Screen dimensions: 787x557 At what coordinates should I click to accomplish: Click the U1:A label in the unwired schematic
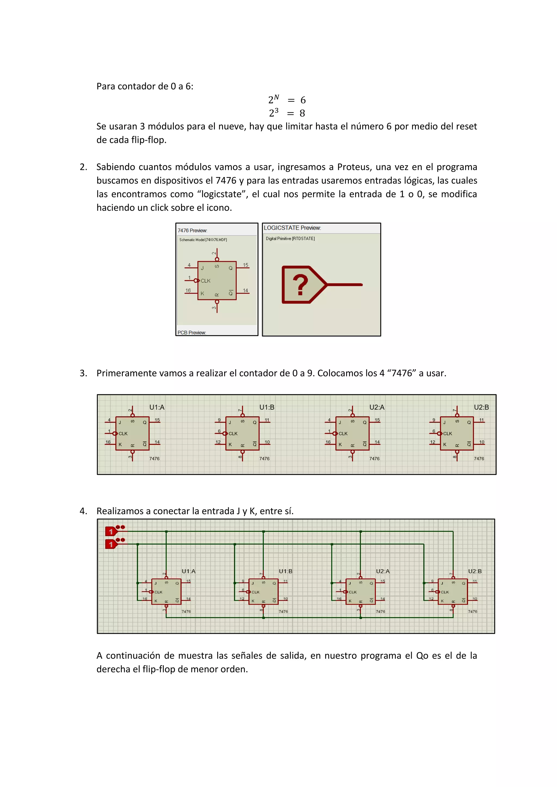[x=157, y=407]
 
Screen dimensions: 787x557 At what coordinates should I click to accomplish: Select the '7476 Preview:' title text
[x=192, y=230]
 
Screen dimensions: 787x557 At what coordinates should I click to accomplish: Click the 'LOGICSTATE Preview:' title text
[x=292, y=228]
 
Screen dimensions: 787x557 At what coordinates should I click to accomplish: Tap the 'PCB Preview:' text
[x=191, y=332]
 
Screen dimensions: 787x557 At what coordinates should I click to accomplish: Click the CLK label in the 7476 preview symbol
[x=205, y=281]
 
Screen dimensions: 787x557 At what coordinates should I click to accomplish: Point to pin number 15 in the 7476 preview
[x=246, y=265]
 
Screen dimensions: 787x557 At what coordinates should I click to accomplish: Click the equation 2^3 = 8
[x=287, y=113]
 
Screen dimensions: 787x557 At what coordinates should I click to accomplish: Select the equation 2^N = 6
[x=287, y=100]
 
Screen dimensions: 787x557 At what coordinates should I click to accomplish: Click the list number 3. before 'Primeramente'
[x=83, y=373]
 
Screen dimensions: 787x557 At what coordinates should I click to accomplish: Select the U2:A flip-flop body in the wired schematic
[x=360, y=592]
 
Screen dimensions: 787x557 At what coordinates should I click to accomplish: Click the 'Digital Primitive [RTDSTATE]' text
[x=290, y=239]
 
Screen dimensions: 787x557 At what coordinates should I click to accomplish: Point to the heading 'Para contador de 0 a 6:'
[x=145, y=86]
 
